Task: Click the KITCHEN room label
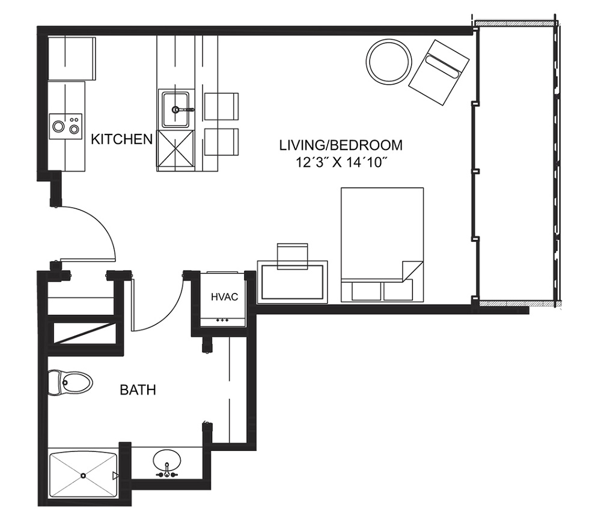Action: click(x=121, y=139)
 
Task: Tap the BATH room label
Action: click(x=138, y=390)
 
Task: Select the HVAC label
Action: click(x=225, y=297)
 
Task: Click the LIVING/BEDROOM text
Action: click(x=341, y=145)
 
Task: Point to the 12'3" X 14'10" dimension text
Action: click(x=340, y=163)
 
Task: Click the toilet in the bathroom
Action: click(x=70, y=382)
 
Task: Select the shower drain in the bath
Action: click(x=83, y=475)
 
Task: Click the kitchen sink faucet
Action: click(x=182, y=110)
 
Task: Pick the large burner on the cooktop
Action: click(x=58, y=126)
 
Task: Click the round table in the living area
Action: click(x=389, y=61)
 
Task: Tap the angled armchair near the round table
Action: click(x=439, y=73)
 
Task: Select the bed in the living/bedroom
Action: click(x=382, y=244)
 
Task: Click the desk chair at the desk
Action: click(x=293, y=256)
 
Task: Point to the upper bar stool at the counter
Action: click(x=221, y=106)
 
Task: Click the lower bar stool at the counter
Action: click(x=221, y=142)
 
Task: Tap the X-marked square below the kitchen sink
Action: click(x=175, y=149)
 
